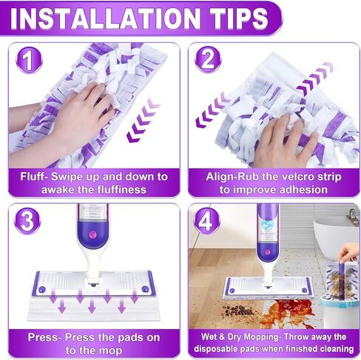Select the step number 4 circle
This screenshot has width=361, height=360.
click(206, 221)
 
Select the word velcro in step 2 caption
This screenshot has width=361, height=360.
click(286, 177)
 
